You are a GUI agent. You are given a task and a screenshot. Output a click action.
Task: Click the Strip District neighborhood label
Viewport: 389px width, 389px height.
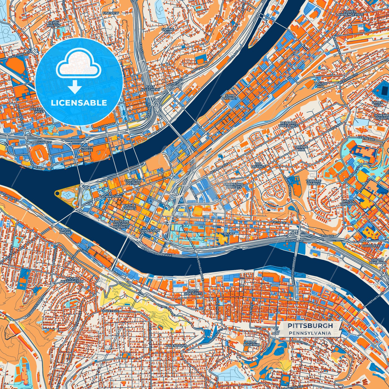[x=230, y=97]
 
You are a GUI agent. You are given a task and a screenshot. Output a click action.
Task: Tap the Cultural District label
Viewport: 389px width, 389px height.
[x=133, y=182]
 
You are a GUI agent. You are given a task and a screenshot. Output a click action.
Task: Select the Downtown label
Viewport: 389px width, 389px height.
[x=111, y=197]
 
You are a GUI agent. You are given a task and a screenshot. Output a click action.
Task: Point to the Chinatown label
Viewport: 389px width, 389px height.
[x=149, y=231]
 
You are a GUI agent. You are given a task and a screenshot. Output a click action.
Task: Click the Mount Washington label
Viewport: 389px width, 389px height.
[x=72, y=280]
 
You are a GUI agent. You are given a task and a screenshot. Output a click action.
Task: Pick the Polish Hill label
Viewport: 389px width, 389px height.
[x=321, y=85]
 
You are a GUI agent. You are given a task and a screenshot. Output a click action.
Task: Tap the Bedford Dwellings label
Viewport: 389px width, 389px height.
[x=288, y=124]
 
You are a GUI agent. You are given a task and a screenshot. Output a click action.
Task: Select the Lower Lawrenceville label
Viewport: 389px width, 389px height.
[x=350, y=13]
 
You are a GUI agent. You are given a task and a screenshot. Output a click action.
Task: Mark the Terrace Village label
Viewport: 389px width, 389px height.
[x=314, y=182]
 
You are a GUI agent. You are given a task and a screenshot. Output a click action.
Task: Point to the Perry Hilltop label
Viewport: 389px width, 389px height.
[x=54, y=24]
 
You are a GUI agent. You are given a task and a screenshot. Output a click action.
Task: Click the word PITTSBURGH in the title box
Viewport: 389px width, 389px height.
[x=310, y=326]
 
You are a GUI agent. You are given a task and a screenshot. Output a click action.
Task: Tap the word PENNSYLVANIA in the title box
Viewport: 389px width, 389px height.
[x=310, y=333]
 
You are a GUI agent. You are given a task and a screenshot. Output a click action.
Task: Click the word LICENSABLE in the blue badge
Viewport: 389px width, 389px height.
[x=79, y=103]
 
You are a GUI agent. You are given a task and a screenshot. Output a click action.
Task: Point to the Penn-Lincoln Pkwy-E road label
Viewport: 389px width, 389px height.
[x=157, y=252]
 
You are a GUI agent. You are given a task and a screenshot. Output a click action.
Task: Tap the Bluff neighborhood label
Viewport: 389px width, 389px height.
[x=229, y=234]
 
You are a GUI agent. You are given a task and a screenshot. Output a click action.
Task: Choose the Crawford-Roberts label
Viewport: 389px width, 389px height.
[x=233, y=185]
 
